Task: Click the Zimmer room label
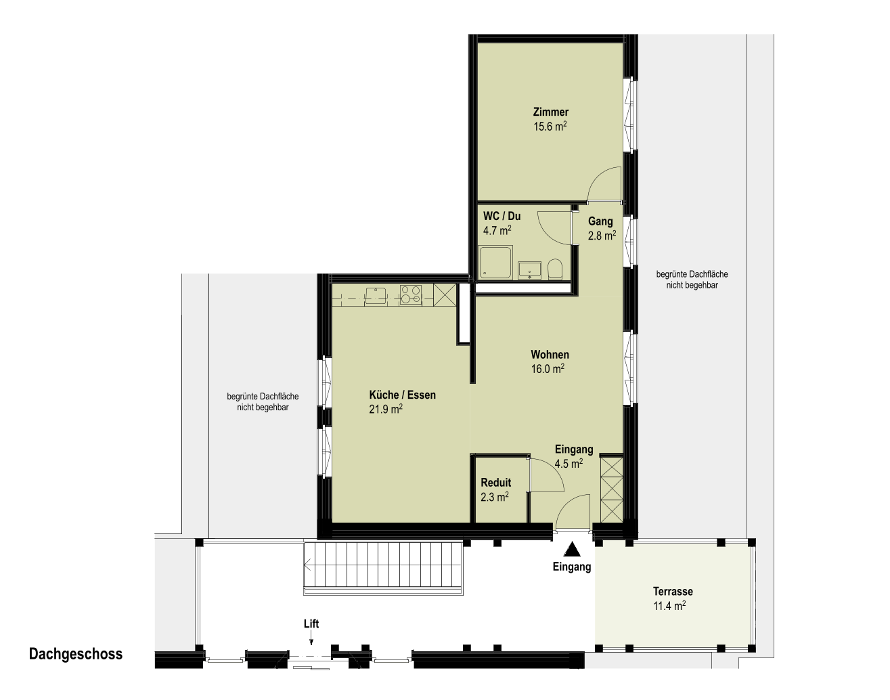pyautogui.click(x=550, y=112)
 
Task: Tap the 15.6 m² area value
pyautogui.click(x=550, y=126)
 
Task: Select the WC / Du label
pyautogui.click(x=502, y=216)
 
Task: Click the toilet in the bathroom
pyautogui.click(x=555, y=269)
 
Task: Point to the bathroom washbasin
pyautogui.click(x=530, y=270)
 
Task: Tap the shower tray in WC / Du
pyautogui.click(x=495, y=262)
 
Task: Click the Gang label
pyautogui.click(x=600, y=221)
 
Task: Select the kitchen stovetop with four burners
pyautogui.click(x=411, y=295)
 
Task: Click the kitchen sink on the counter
pyautogui.click(x=376, y=295)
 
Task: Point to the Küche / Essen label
pyautogui.click(x=403, y=395)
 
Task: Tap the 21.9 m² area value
pyautogui.click(x=386, y=409)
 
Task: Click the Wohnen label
pyautogui.click(x=550, y=355)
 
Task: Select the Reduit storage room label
pyautogui.click(x=496, y=483)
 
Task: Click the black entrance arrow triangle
pyautogui.click(x=572, y=549)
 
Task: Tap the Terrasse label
pyautogui.click(x=673, y=591)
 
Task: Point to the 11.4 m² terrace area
pyautogui.click(x=669, y=606)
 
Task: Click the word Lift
pyautogui.click(x=311, y=624)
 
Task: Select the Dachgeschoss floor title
pyautogui.click(x=76, y=654)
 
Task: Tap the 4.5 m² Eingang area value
pyautogui.click(x=569, y=464)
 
